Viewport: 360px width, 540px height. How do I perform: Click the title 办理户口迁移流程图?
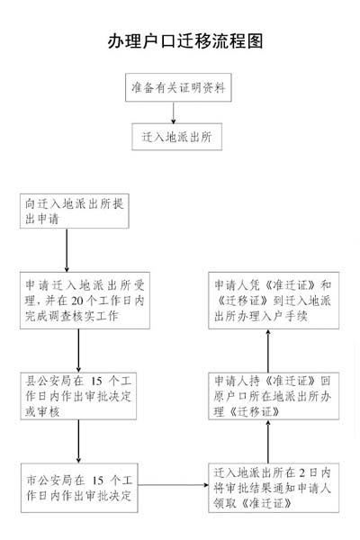pos(185,41)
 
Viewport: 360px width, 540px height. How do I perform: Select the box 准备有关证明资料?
pos(178,87)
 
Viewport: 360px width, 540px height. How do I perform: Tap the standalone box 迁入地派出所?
pos(176,137)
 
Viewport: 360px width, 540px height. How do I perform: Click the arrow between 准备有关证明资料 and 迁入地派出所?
pos(174,113)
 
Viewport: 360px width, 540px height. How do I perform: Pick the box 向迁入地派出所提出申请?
pos(75,211)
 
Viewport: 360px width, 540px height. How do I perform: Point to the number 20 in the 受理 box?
pos(77,301)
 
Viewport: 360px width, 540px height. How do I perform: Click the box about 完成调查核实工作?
pos(85,301)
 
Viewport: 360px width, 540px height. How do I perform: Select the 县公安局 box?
pos(78,396)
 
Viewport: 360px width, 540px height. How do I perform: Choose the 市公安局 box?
pos(79,488)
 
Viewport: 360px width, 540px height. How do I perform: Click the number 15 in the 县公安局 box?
pos(96,381)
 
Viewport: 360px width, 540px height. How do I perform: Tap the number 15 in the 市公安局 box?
pos(98,480)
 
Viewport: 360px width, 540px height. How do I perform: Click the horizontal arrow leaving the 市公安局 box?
pos(174,485)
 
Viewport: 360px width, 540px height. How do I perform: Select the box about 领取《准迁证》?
pos(274,488)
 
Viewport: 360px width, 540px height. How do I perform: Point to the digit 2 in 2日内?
pos(301,472)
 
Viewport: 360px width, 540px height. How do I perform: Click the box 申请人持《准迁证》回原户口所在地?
pos(274,396)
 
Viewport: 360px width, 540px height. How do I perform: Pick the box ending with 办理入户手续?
pos(274,301)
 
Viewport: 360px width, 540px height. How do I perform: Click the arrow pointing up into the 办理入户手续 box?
pos(268,351)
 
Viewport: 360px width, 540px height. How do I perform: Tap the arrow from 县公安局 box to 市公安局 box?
pos(78,441)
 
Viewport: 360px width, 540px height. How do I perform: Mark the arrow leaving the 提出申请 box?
pos(67,250)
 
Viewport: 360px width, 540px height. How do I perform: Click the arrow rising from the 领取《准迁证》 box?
pos(268,441)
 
